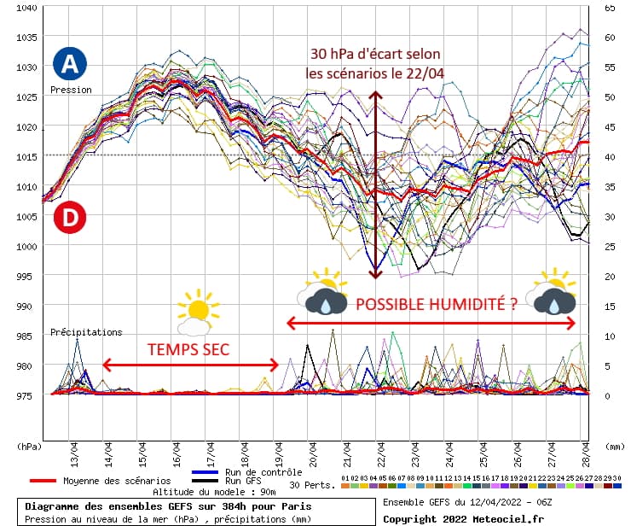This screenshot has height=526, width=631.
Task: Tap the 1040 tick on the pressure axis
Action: coord(26,8)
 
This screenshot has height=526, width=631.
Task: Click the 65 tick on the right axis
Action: coord(610,8)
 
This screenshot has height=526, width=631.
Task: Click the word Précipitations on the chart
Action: coord(86,332)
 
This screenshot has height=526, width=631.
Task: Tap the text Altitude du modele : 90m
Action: coord(203,492)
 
